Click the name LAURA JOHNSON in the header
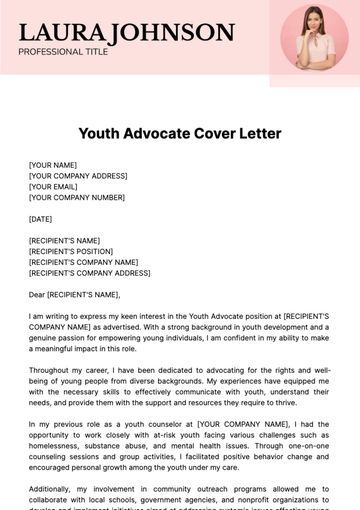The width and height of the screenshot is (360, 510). [x=126, y=32]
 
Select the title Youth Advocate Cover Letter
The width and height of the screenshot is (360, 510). [x=180, y=133]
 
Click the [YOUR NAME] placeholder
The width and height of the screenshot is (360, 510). [x=53, y=164]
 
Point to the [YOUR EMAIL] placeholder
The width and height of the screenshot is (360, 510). [x=54, y=186]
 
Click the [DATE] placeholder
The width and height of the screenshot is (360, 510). [x=41, y=218]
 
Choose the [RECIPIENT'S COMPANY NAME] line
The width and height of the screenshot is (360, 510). [x=84, y=262]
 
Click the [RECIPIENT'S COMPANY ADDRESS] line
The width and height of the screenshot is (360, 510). [x=90, y=273]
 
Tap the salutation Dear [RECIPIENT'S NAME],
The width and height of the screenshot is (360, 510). [x=75, y=295]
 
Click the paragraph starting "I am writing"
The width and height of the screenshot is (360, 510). [x=179, y=333]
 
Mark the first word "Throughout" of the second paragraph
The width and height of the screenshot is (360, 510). [x=49, y=370]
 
